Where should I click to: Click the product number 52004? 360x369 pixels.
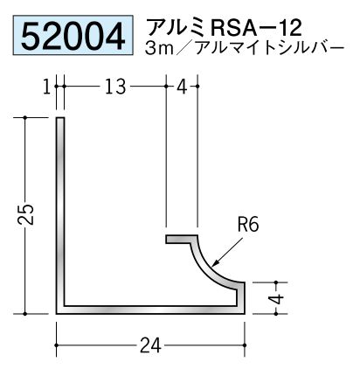point(73,36)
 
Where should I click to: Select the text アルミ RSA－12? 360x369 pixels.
point(224,27)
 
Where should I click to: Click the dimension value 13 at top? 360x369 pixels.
point(115,87)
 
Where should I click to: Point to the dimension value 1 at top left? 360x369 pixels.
point(47,87)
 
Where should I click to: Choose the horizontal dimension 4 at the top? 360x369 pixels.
point(182,87)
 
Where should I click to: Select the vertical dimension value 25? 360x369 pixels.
point(25,215)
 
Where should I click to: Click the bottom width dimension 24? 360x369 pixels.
point(150,345)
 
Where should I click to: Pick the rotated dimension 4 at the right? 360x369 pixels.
point(278,298)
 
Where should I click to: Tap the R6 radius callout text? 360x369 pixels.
point(248,225)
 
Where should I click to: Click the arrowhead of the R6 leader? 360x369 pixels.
point(214,265)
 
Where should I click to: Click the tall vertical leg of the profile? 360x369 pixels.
point(60,216)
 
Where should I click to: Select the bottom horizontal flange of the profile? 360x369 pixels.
point(150,310)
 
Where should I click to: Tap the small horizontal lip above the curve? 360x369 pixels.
point(182,239)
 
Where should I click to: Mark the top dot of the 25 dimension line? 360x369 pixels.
point(25,117)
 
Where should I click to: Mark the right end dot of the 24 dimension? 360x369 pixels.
point(244,345)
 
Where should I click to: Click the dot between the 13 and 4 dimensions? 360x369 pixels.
point(166,87)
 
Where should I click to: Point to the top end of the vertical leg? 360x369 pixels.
point(60,118)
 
